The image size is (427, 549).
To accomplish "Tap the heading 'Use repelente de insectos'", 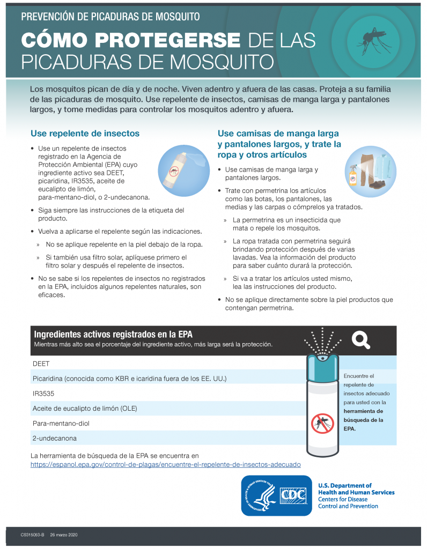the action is (85, 133).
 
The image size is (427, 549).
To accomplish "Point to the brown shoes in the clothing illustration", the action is (378, 185).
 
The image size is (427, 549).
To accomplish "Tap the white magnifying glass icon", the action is (360, 339).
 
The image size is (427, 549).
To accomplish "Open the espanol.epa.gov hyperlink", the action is (165, 465).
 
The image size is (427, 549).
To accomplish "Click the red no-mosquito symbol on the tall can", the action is (322, 424).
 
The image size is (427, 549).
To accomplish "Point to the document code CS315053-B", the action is (33, 535).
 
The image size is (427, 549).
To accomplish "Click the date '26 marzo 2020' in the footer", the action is (65, 535).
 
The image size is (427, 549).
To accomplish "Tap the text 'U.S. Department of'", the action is (344, 485).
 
